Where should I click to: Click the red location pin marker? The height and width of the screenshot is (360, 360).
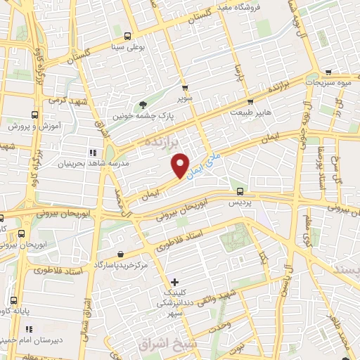(181, 165)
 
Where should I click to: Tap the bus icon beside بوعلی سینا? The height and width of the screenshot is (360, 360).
(127, 37)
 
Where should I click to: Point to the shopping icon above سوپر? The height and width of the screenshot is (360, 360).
(185, 89)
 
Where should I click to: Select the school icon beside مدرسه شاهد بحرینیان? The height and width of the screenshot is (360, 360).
(91, 152)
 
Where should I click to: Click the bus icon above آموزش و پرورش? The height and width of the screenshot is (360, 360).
(34, 115)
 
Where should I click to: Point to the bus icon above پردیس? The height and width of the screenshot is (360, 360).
(240, 191)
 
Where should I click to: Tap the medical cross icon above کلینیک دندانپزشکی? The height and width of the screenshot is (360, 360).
(174, 282)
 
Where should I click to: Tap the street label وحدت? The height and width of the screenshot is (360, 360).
(219, 327)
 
